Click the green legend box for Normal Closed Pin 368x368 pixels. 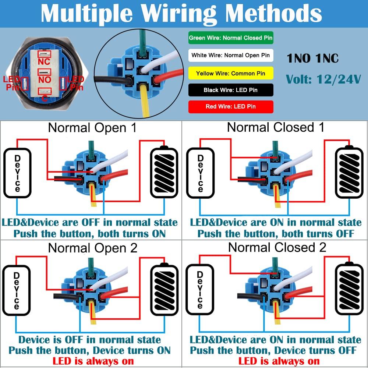pyautogui.click(x=231, y=38)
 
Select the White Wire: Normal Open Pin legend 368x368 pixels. pyautogui.click(x=231, y=56)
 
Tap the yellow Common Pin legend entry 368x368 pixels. pyautogui.click(x=231, y=73)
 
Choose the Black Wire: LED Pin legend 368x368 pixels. pyautogui.click(x=231, y=90)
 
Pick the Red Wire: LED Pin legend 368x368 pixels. pyautogui.click(x=231, y=107)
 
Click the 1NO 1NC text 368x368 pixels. pyautogui.click(x=313, y=59)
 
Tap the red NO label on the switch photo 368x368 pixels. pyautogui.click(x=45, y=79)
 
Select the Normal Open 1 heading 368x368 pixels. pyautogui.click(x=92, y=128)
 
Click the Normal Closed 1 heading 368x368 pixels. pyautogui.click(x=276, y=127)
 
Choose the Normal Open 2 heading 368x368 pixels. pyautogui.click(x=92, y=248)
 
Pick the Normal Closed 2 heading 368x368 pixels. pyautogui.click(x=277, y=247)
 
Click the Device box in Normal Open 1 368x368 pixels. pyautogui.click(x=17, y=173)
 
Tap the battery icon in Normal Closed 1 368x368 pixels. pyautogui.click(x=348, y=173)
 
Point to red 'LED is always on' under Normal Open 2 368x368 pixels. pyautogui.click(x=93, y=361)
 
